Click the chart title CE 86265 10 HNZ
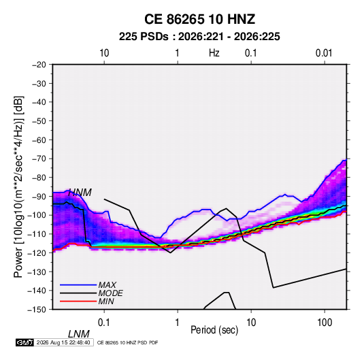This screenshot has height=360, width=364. click(x=199, y=19)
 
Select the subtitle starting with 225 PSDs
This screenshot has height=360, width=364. click(x=199, y=37)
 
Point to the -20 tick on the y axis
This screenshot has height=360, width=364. click(x=39, y=65)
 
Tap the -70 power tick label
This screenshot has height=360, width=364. click(x=39, y=159)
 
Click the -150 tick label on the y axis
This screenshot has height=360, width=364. click(x=37, y=310)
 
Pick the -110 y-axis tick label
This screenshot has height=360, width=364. click(x=37, y=234)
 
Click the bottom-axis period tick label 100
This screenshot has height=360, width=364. click(x=325, y=323)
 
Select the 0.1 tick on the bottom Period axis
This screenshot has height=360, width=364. click(x=104, y=323)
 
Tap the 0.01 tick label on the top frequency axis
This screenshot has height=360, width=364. click(x=324, y=53)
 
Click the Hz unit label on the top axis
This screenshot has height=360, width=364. click(x=214, y=53)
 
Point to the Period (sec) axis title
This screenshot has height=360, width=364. click(x=214, y=330)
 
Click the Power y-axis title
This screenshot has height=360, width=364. click(x=18, y=187)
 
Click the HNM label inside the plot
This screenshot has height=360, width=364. click(x=80, y=193)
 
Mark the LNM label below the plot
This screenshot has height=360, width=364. click(x=79, y=334)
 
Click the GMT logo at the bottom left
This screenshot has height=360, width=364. click(x=24, y=342)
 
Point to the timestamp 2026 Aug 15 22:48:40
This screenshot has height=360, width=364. click(x=63, y=342)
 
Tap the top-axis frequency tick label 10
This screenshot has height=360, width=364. click(x=104, y=53)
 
